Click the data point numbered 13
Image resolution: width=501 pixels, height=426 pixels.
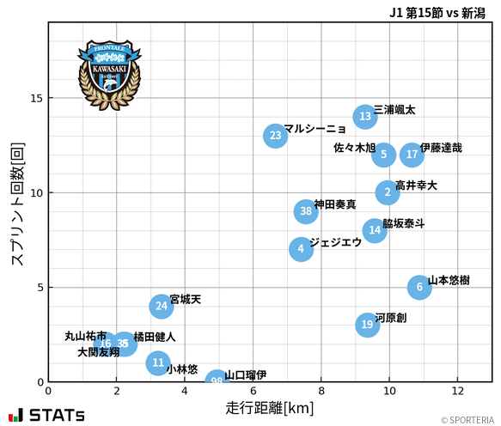click(x=365, y=117)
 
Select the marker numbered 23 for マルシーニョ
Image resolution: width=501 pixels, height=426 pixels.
click(x=275, y=136)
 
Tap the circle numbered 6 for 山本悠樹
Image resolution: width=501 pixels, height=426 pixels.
click(x=419, y=288)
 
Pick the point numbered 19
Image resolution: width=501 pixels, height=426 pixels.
click(x=368, y=325)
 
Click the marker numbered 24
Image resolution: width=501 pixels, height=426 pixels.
click(x=162, y=306)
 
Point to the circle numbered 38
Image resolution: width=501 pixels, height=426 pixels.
click(x=306, y=211)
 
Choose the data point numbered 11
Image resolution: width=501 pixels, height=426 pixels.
click(x=158, y=362)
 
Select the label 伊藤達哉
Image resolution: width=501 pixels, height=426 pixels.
click(x=441, y=148)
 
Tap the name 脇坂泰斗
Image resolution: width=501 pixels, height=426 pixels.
click(x=403, y=224)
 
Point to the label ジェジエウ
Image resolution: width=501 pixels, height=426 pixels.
click(x=335, y=243)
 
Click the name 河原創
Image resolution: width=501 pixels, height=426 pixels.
click(x=391, y=319)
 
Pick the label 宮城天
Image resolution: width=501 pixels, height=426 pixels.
click(x=186, y=300)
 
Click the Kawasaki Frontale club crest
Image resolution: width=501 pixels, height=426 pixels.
click(x=109, y=73)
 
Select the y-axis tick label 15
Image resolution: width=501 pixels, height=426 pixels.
click(x=37, y=98)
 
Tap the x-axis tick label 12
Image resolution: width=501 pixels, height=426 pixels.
click(x=457, y=391)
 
